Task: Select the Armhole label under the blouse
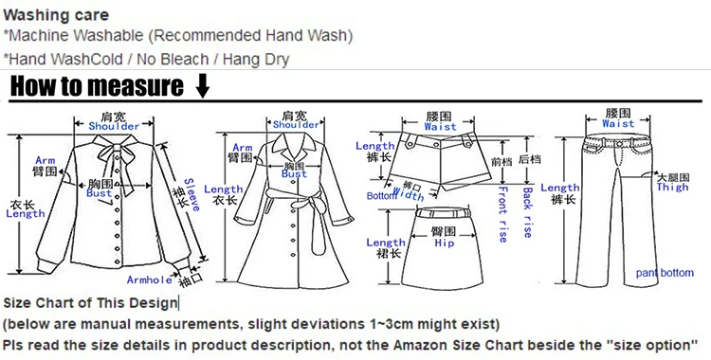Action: click(x=150, y=279)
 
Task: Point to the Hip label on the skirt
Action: click(x=445, y=243)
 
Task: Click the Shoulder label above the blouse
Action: click(x=114, y=126)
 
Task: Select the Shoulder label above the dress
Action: click(x=296, y=125)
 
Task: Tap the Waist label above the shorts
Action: click(x=440, y=126)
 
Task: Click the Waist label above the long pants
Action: click(x=618, y=123)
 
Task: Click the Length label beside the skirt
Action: click(x=386, y=243)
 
